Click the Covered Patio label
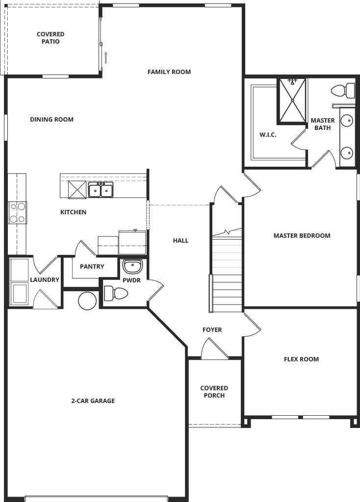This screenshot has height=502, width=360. pyautogui.click(x=51, y=38)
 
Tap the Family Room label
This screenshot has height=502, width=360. pyautogui.click(x=169, y=72)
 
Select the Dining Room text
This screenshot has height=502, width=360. pyautogui.click(x=51, y=120)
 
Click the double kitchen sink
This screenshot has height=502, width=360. pyautogui.click(x=101, y=190)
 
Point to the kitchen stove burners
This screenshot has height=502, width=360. pyautogui.click(x=18, y=213)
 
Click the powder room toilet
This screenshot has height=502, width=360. pyautogui.click(x=116, y=293)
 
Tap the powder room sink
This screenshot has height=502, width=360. pyautogui.click(x=132, y=266)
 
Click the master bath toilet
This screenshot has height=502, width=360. pyautogui.click(x=343, y=91)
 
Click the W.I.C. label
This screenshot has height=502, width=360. pyautogui.click(x=268, y=135)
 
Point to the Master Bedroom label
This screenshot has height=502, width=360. pyautogui.click(x=302, y=236)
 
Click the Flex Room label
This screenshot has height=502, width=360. pyautogui.click(x=301, y=359)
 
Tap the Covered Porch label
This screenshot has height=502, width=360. pyautogui.click(x=214, y=392)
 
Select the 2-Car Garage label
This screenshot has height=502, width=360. pyautogui.click(x=93, y=401)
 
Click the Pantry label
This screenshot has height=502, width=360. pyautogui.click(x=92, y=266)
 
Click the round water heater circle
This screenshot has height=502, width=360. pyautogui.click(x=87, y=301)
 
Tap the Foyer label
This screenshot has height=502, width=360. pyautogui.click(x=212, y=330)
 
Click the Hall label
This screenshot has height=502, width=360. pyautogui.click(x=180, y=241)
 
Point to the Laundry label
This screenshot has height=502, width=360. pyautogui.click(x=45, y=280)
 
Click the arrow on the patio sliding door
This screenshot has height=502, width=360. pyautogui.click(x=105, y=57)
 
